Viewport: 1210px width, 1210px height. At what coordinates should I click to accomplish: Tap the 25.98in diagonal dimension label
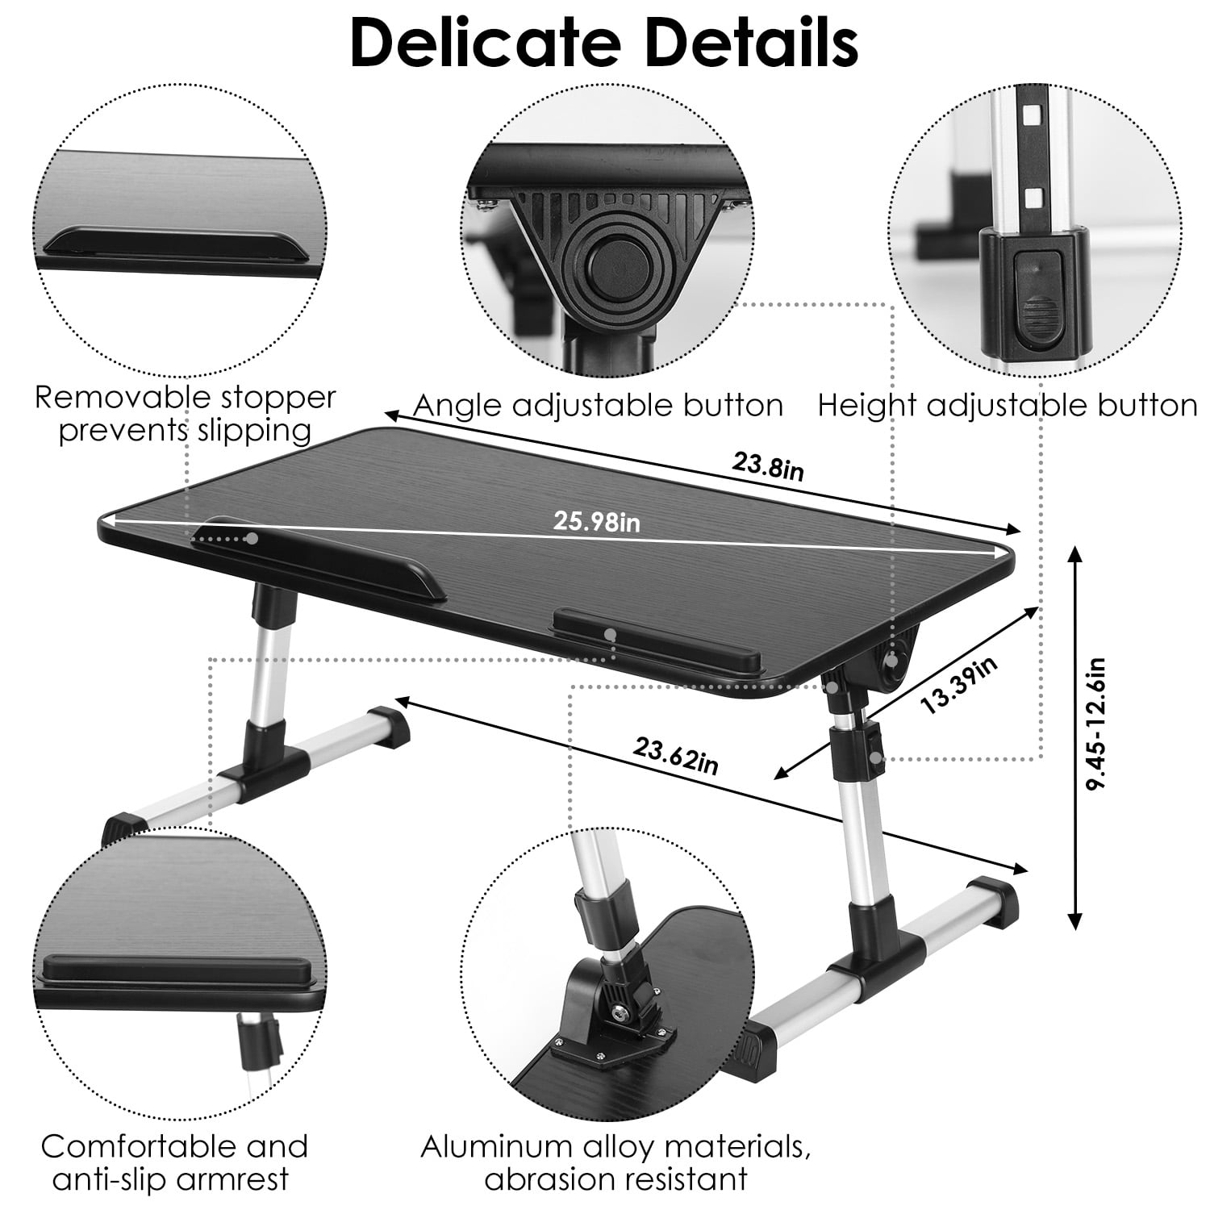click(x=596, y=522)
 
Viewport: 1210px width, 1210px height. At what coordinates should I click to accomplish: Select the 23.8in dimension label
click(x=768, y=465)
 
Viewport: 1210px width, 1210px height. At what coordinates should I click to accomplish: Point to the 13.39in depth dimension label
click(x=959, y=685)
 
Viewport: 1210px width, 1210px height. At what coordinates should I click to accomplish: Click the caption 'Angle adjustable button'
click(x=598, y=405)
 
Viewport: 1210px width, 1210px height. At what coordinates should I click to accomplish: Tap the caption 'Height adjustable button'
click(x=1008, y=405)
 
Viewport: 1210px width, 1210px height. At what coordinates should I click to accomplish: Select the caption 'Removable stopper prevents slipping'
click(x=185, y=414)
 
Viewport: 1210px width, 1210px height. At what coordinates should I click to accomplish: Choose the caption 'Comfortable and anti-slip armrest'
click(x=174, y=1162)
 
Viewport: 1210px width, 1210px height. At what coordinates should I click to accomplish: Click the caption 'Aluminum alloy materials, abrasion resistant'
click(x=616, y=1162)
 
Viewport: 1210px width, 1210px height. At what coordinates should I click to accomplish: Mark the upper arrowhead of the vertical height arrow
click(x=1074, y=553)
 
